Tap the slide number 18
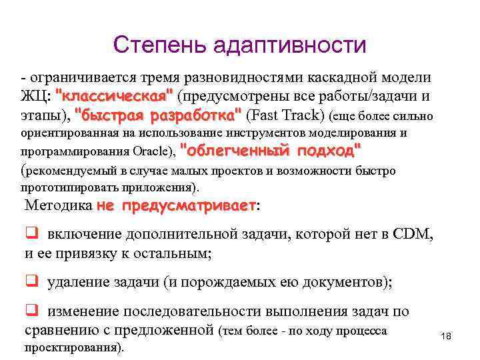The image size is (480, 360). pyautogui.click(x=446, y=336)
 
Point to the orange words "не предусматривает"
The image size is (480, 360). pyautogui.click(x=177, y=205)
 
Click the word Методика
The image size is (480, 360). pyautogui.click(x=58, y=205)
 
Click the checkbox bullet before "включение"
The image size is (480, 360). pyautogui.click(x=31, y=233)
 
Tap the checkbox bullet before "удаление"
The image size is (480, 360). pyautogui.click(x=31, y=281)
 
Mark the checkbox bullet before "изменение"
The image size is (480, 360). pyautogui.click(x=31, y=311)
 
